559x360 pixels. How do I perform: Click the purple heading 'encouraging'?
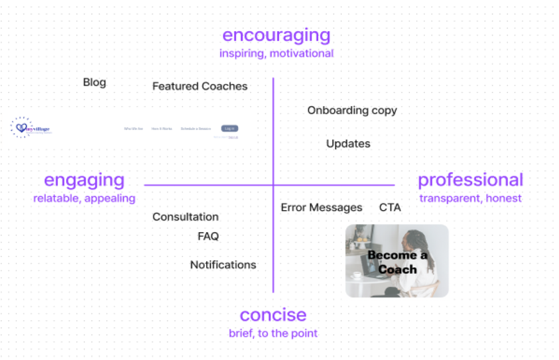point(276,34)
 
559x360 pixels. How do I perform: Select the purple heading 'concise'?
point(273,314)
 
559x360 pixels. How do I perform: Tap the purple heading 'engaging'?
point(84,180)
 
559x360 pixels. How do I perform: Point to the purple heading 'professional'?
point(470,180)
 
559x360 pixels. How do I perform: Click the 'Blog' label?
point(94,82)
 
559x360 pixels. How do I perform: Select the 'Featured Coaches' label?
point(200,86)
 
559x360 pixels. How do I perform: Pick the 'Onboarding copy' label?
point(352,110)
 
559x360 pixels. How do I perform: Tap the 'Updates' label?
point(348,143)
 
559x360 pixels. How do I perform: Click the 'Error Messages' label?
point(322,208)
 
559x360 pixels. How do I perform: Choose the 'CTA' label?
point(390,208)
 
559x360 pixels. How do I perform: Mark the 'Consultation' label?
point(186,217)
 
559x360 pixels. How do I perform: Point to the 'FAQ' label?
point(208,236)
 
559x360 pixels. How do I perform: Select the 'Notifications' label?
point(223,265)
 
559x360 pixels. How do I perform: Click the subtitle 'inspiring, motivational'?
point(277,53)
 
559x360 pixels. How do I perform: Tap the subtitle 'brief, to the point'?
point(273,333)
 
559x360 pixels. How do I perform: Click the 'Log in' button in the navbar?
point(229,128)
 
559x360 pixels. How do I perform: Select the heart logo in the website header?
point(22,127)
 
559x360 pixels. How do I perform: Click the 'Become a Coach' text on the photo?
point(397,262)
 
